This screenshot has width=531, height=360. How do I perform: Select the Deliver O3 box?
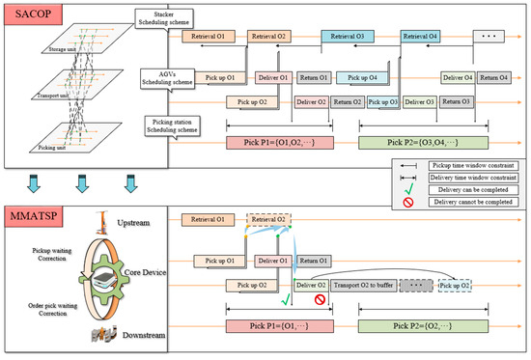(x=417, y=101)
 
